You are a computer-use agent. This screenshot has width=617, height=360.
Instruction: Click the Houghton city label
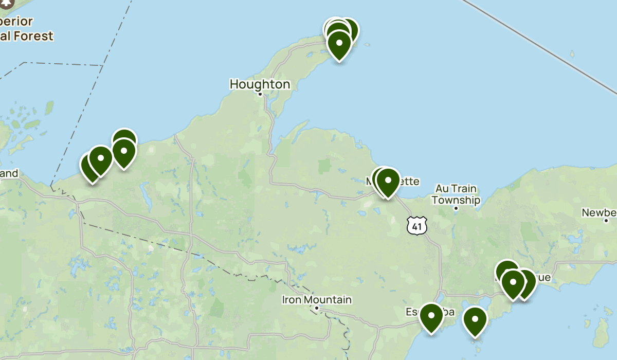pyautogui.click(x=260, y=84)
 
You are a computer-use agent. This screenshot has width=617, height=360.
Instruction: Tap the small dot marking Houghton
pyautogui.click(x=260, y=94)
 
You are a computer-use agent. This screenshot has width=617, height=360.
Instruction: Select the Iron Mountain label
pyautogui.click(x=317, y=299)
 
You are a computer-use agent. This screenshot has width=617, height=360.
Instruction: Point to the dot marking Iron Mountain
pyautogui.click(x=317, y=309)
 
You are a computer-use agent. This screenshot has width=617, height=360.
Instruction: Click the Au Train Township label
pyautogui.click(x=456, y=194)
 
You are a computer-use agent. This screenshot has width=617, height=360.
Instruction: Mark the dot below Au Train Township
pyautogui.click(x=456, y=208)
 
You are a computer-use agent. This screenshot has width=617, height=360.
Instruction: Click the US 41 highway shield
pyautogui.click(x=416, y=225)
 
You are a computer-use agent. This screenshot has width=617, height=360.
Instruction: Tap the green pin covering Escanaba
pyautogui.click(x=431, y=316)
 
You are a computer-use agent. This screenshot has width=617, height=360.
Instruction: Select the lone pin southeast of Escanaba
pyautogui.click(x=475, y=319)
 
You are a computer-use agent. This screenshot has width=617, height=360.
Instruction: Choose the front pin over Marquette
pyautogui.click(x=388, y=181)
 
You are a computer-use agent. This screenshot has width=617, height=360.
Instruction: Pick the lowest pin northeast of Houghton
pyautogui.click(x=339, y=43)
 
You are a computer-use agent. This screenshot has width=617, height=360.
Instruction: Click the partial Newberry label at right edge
pyautogui.click(x=600, y=212)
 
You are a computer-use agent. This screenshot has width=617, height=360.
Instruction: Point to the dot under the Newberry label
pyautogui.click(x=607, y=221)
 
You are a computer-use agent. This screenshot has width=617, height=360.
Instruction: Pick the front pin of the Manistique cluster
pyautogui.click(x=513, y=282)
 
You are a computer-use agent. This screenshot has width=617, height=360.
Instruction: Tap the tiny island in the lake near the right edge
pyautogui.click(x=572, y=53)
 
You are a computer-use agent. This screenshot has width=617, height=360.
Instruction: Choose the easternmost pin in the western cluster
pyautogui.click(x=124, y=151)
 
